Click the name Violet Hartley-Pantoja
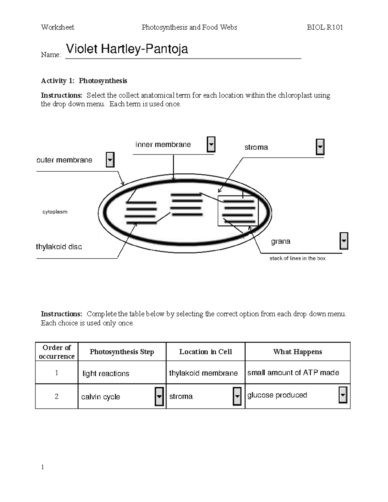click(127, 49)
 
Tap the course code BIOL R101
click(325, 27)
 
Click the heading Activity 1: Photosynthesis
click(84, 81)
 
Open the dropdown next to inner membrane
click(211, 144)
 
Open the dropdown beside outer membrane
click(110, 160)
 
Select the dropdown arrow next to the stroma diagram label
click(320, 147)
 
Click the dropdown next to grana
click(344, 241)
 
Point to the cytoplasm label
click(55, 212)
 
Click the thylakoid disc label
click(59, 247)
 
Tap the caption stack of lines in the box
click(297, 258)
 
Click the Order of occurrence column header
click(57, 352)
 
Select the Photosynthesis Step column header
click(122, 352)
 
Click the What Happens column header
click(297, 352)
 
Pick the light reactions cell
click(106, 373)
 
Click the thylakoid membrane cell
click(203, 373)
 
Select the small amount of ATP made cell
click(293, 373)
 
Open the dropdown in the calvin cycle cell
click(159, 396)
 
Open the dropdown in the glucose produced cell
click(343, 395)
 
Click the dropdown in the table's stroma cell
click(237, 396)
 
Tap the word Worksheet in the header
click(58, 27)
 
